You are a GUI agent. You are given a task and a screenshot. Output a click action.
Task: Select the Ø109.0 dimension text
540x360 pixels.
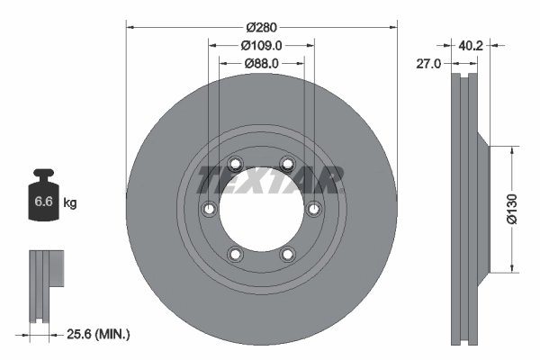(262, 45)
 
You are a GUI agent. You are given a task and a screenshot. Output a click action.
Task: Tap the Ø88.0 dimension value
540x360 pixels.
(262, 63)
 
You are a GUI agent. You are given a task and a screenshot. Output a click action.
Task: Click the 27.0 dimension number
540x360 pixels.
(434, 64)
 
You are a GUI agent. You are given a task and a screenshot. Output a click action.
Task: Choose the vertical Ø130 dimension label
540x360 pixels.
(510, 209)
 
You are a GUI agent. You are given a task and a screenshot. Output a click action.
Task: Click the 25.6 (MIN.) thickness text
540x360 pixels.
(100, 334)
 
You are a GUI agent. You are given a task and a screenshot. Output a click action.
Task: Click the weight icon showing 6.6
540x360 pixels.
(43, 200)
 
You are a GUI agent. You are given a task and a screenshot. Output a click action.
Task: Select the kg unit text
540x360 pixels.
(70, 203)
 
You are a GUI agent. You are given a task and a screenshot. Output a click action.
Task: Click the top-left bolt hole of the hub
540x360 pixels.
(236, 163)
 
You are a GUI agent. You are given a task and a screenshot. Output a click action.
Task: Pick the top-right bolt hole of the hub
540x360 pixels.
(287, 163)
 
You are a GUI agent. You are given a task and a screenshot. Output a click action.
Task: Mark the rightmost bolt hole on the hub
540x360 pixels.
(313, 209)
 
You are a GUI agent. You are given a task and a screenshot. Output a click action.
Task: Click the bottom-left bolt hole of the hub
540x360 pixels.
(236, 254)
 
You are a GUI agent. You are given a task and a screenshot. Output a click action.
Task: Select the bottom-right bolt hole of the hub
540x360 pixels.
(287, 254)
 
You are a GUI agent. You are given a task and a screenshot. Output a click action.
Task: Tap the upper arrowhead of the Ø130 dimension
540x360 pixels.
(513, 145)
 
